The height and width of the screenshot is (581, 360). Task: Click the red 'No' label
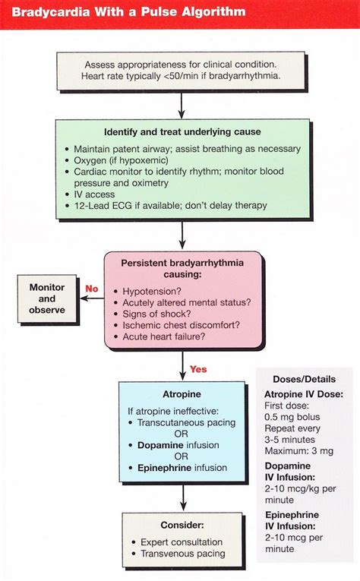click(92, 289)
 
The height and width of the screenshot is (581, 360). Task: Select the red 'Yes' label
click(198, 369)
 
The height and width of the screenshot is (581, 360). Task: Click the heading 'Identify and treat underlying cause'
click(183, 131)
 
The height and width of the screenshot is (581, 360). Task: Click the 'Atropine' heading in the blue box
click(182, 395)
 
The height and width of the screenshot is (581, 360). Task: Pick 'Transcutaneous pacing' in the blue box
click(182, 422)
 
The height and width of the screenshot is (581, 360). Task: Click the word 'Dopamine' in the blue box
click(162, 445)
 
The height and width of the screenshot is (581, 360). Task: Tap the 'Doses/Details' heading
click(307, 378)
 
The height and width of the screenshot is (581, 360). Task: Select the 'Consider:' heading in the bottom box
click(182, 525)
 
